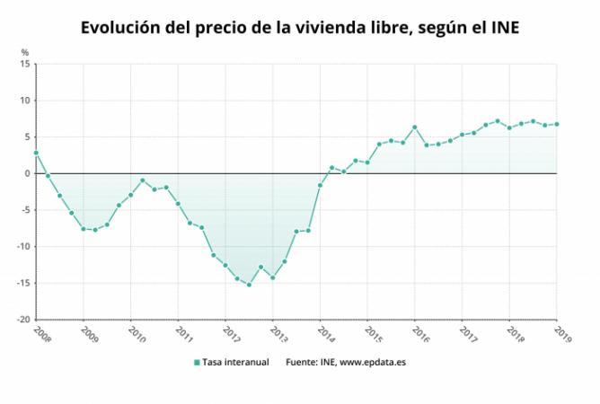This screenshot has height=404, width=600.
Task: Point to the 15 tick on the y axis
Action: coord(25,64)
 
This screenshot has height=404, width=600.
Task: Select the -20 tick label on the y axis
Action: coord(23,320)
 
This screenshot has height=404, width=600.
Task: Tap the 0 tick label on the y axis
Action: coord(27,173)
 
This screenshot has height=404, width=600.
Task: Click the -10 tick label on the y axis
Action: coord(23,246)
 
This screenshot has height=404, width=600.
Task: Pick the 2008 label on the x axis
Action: coord(42,334)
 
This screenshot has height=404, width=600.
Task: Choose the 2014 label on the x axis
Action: coord(326,334)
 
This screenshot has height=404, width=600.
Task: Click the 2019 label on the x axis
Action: coord(563,334)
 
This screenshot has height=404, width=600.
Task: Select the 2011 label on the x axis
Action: coord(184,334)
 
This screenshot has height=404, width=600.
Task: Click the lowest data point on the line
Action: coord(249,285)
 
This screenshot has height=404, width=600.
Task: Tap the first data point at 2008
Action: coord(36,153)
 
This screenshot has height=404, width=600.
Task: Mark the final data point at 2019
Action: coord(557,124)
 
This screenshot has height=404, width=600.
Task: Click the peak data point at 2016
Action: coord(414,127)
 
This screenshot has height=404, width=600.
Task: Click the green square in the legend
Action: coord(197,363)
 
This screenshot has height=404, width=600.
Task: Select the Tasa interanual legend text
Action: coord(235,362)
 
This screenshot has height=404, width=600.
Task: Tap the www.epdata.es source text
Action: coord(373,363)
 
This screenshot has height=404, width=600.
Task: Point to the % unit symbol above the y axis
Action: coord(25,52)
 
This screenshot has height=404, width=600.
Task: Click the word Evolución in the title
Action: coord(119,28)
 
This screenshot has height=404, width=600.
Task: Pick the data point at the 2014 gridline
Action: coord(320,185)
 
